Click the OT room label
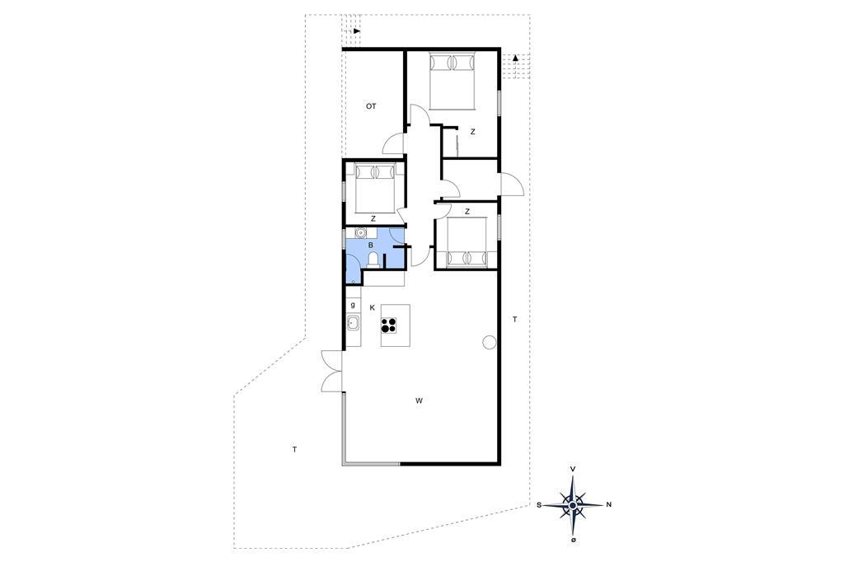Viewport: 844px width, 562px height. (x=371, y=106)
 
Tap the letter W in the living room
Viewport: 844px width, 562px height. (x=419, y=400)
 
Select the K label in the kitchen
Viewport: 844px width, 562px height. (x=372, y=308)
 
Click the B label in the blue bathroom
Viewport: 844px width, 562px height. (x=370, y=246)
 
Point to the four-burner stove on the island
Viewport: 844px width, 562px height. (x=389, y=325)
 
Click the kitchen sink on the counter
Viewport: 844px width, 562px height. (x=353, y=324)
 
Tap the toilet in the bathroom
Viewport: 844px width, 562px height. (x=373, y=260)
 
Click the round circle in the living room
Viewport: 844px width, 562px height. (x=489, y=342)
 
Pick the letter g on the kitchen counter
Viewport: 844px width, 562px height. (x=353, y=305)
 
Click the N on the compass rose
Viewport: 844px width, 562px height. (x=609, y=505)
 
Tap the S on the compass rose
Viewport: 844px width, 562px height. (x=538, y=505)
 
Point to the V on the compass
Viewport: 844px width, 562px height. (x=574, y=470)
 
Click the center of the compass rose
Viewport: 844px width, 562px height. (x=574, y=505)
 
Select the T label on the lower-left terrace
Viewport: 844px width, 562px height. (x=295, y=449)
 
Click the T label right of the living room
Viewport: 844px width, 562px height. (x=514, y=320)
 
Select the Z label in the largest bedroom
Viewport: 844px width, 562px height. (x=472, y=131)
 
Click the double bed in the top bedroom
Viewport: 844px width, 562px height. (x=452, y=80)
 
